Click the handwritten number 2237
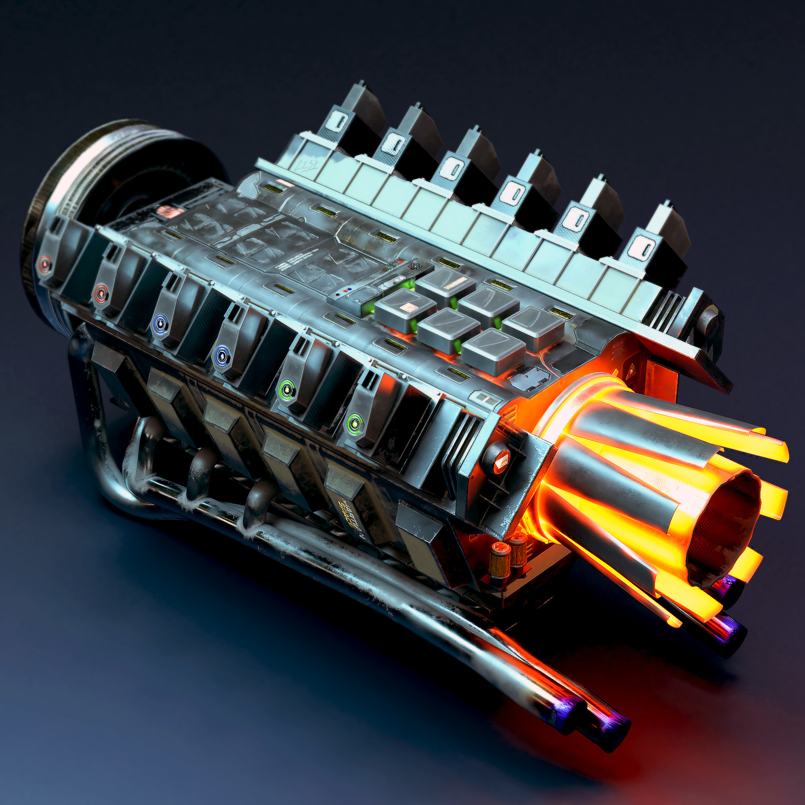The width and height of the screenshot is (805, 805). click(306, 166)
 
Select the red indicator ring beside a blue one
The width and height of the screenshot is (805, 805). click(101, 293)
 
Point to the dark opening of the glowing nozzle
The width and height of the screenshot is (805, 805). click(723, 530)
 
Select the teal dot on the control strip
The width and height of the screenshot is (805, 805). click(391, 267)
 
